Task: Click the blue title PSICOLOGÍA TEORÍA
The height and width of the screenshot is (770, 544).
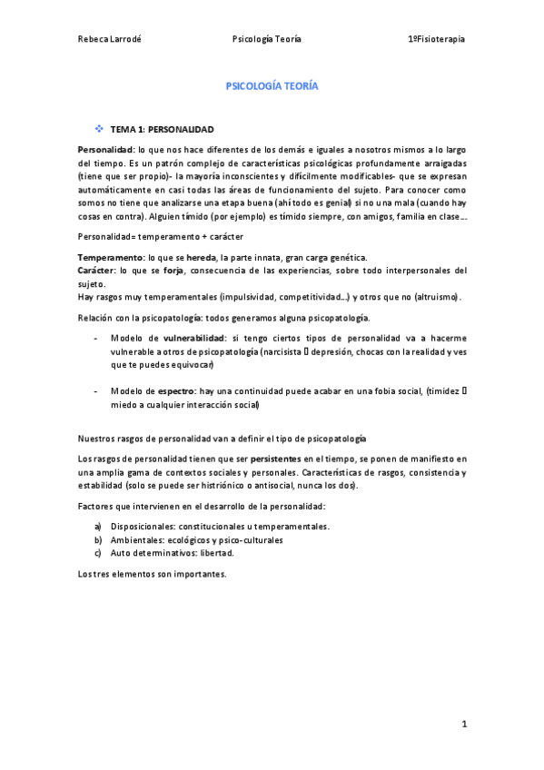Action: coord(272,86)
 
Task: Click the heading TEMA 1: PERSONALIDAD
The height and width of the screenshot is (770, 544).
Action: coord(162,130)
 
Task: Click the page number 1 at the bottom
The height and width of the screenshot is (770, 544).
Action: coord(463,724)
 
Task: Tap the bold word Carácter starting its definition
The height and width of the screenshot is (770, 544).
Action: coord(97,271)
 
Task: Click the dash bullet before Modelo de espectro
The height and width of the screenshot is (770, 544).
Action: coord(97,390)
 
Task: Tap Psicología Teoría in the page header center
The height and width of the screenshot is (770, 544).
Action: coord(267,39)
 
